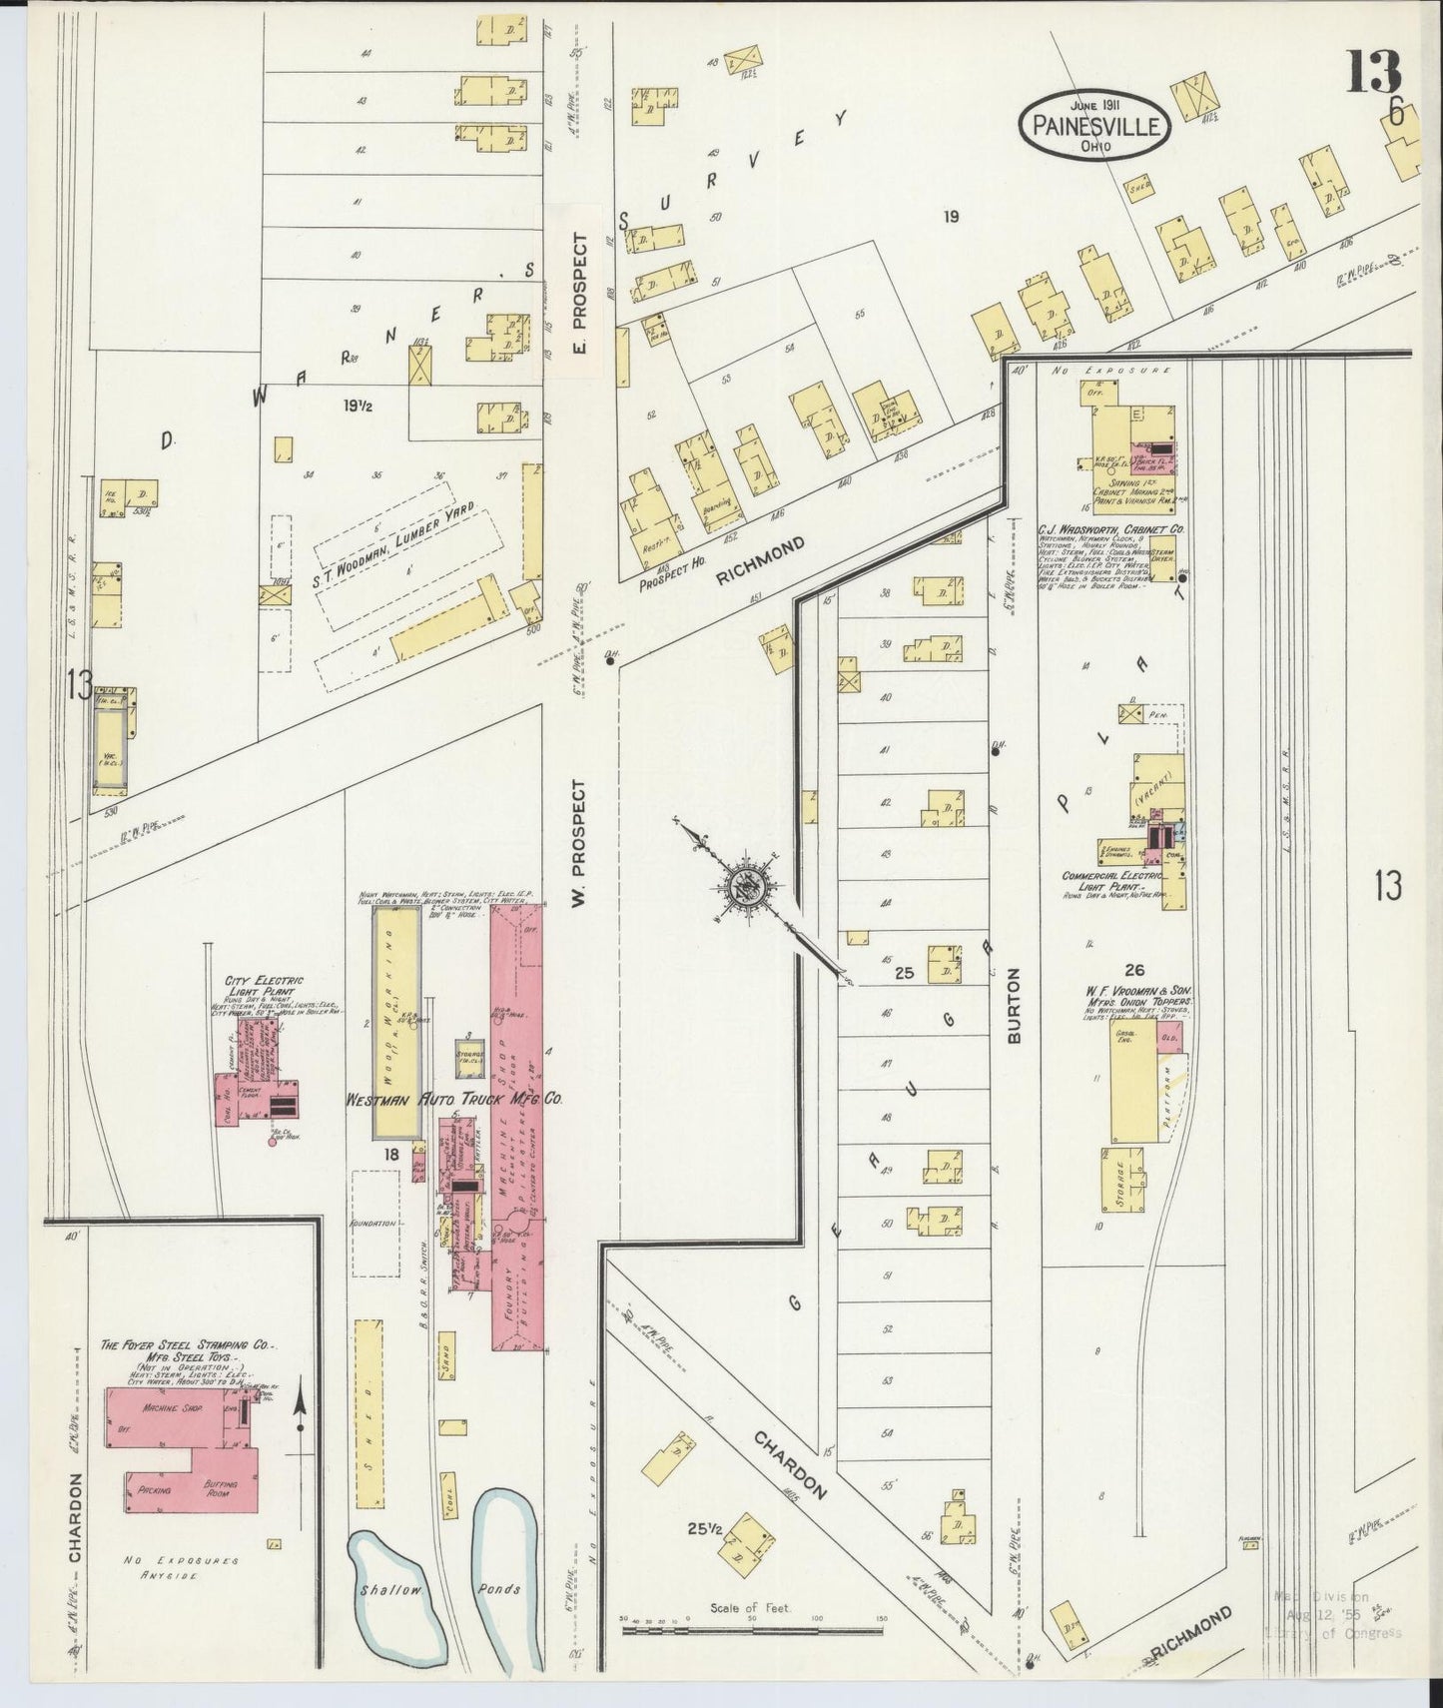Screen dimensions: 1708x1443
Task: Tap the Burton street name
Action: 1015,1006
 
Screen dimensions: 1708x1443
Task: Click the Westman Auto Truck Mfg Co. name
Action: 453,1098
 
